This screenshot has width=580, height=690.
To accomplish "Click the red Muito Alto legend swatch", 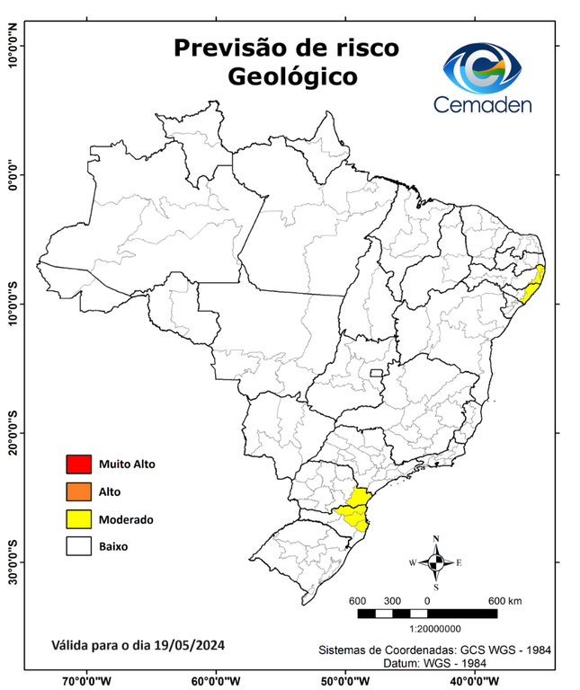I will (79, 464).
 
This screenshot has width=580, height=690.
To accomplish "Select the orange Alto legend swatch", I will (79, 491).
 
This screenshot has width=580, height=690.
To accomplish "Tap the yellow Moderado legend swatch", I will (79, 518).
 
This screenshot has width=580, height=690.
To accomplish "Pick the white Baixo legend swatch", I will (79, 545).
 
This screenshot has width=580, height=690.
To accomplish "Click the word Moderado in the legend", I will (126, 519).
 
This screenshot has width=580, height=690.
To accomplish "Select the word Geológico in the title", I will (292, 76).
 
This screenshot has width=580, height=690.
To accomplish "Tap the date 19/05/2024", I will (188, 645).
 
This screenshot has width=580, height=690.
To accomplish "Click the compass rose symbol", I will (436, 562).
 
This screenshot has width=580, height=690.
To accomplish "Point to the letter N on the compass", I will (436, 540).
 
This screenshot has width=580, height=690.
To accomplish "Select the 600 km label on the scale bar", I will (504, 600).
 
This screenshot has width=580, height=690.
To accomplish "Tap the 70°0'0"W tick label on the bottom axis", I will (86, 680).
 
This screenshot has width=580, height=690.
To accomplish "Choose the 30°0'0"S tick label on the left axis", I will (13, 562).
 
